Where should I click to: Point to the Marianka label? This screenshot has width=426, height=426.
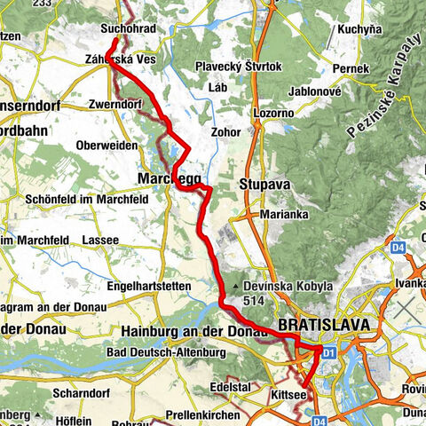pos(283,215)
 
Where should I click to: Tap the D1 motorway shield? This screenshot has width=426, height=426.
pos(328,353)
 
